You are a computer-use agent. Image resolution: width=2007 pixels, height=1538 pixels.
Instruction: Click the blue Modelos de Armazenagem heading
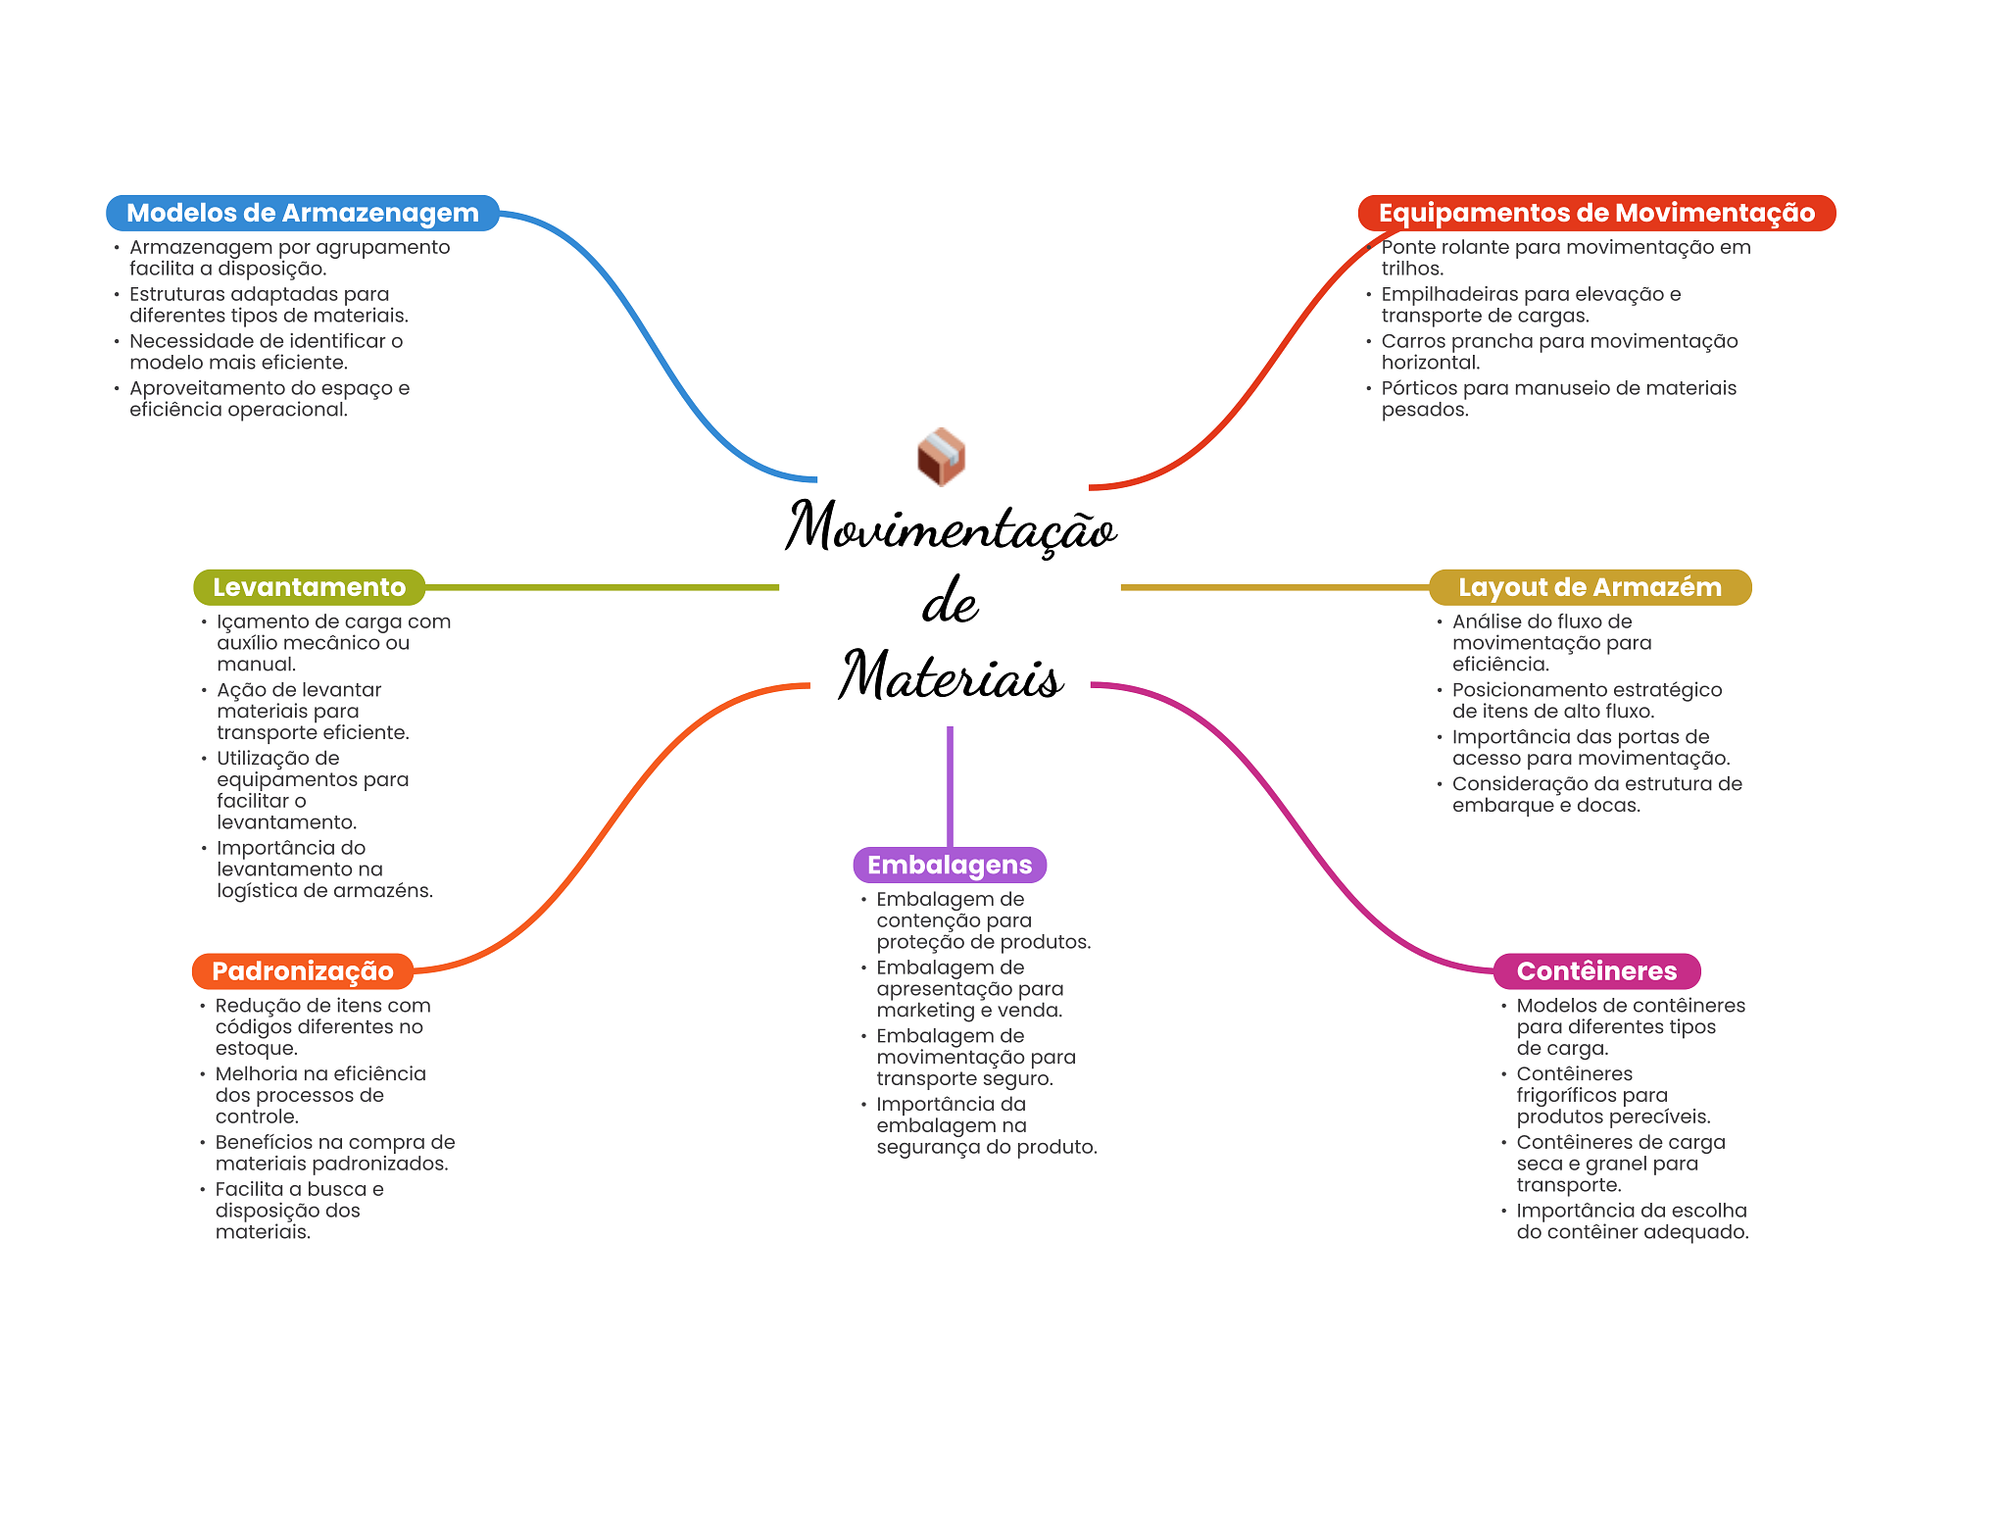tap(302, 213)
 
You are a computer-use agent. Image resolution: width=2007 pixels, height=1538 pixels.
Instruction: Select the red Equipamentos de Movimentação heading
tap(1595, 213)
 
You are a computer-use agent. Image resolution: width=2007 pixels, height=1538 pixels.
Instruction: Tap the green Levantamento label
tap(309, 587)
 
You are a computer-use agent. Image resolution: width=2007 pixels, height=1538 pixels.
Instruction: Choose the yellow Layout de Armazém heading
tap(1589, 587)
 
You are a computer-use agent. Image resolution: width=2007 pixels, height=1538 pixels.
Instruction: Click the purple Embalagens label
tap(949, 865)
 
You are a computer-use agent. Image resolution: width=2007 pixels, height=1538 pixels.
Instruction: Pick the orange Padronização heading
tap(302, 970)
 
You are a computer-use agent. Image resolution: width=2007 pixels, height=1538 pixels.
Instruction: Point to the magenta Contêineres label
tap(1595, 970)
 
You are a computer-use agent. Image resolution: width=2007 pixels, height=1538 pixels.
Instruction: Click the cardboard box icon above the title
tap(941, 457)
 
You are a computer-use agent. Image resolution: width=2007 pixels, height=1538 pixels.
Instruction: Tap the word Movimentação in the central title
tap(951, 527)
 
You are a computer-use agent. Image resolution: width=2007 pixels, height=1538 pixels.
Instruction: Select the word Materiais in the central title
tap(951, 675)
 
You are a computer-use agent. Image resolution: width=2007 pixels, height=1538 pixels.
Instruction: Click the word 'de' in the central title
tap(950, 602)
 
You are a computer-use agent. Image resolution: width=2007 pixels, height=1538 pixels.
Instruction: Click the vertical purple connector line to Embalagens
tap(950, 784)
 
